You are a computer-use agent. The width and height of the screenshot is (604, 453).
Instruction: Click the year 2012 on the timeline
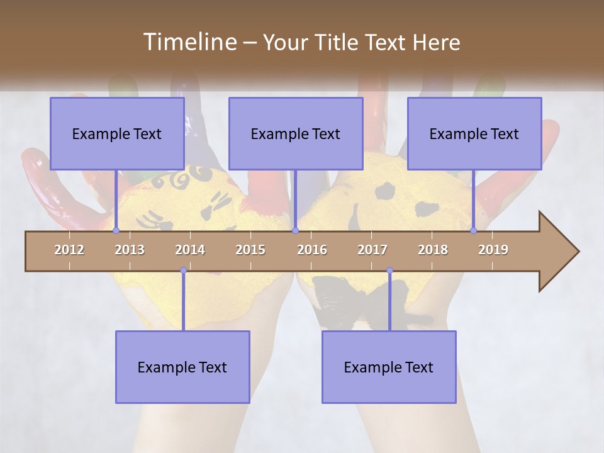(69, 250)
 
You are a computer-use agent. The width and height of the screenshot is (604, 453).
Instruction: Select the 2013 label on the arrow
(130, 250)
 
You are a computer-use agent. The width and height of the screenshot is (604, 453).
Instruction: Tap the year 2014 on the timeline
(190, 250)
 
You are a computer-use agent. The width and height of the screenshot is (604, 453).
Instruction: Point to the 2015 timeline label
(250, 250)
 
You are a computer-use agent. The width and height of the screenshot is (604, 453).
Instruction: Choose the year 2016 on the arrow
(312, 250)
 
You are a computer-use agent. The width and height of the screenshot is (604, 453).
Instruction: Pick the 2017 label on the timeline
(372, 250)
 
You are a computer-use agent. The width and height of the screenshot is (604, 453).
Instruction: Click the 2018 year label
(433, 250)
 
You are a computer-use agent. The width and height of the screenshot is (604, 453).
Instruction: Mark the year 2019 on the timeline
(493, 250)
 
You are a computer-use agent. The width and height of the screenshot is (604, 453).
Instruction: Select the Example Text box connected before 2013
(117, 133)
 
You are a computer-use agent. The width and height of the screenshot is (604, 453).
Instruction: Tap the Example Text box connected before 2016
(296, 133)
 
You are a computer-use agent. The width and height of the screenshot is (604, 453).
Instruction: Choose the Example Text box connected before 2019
(474, 133)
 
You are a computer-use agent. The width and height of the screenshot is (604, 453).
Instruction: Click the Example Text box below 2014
(182, 367)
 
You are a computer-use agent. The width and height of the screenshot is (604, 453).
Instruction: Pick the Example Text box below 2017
(389, 367)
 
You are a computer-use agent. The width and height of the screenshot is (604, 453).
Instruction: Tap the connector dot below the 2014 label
(183, 271)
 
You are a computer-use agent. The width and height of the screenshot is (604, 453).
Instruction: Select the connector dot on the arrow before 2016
(295, 230)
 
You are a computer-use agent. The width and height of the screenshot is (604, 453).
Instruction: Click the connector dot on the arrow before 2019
(474, 230)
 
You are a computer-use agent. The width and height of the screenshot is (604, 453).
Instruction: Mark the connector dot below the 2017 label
(389, 271)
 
